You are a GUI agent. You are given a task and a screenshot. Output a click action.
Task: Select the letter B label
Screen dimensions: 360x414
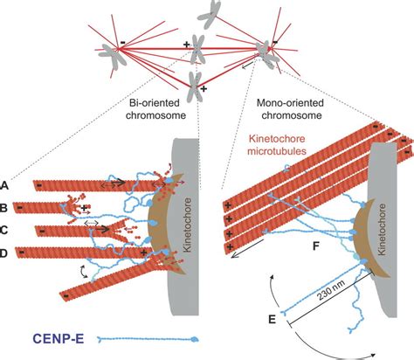(x=7, y=208)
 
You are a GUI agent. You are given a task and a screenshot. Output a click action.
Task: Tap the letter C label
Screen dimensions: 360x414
(x=7, y=230)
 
